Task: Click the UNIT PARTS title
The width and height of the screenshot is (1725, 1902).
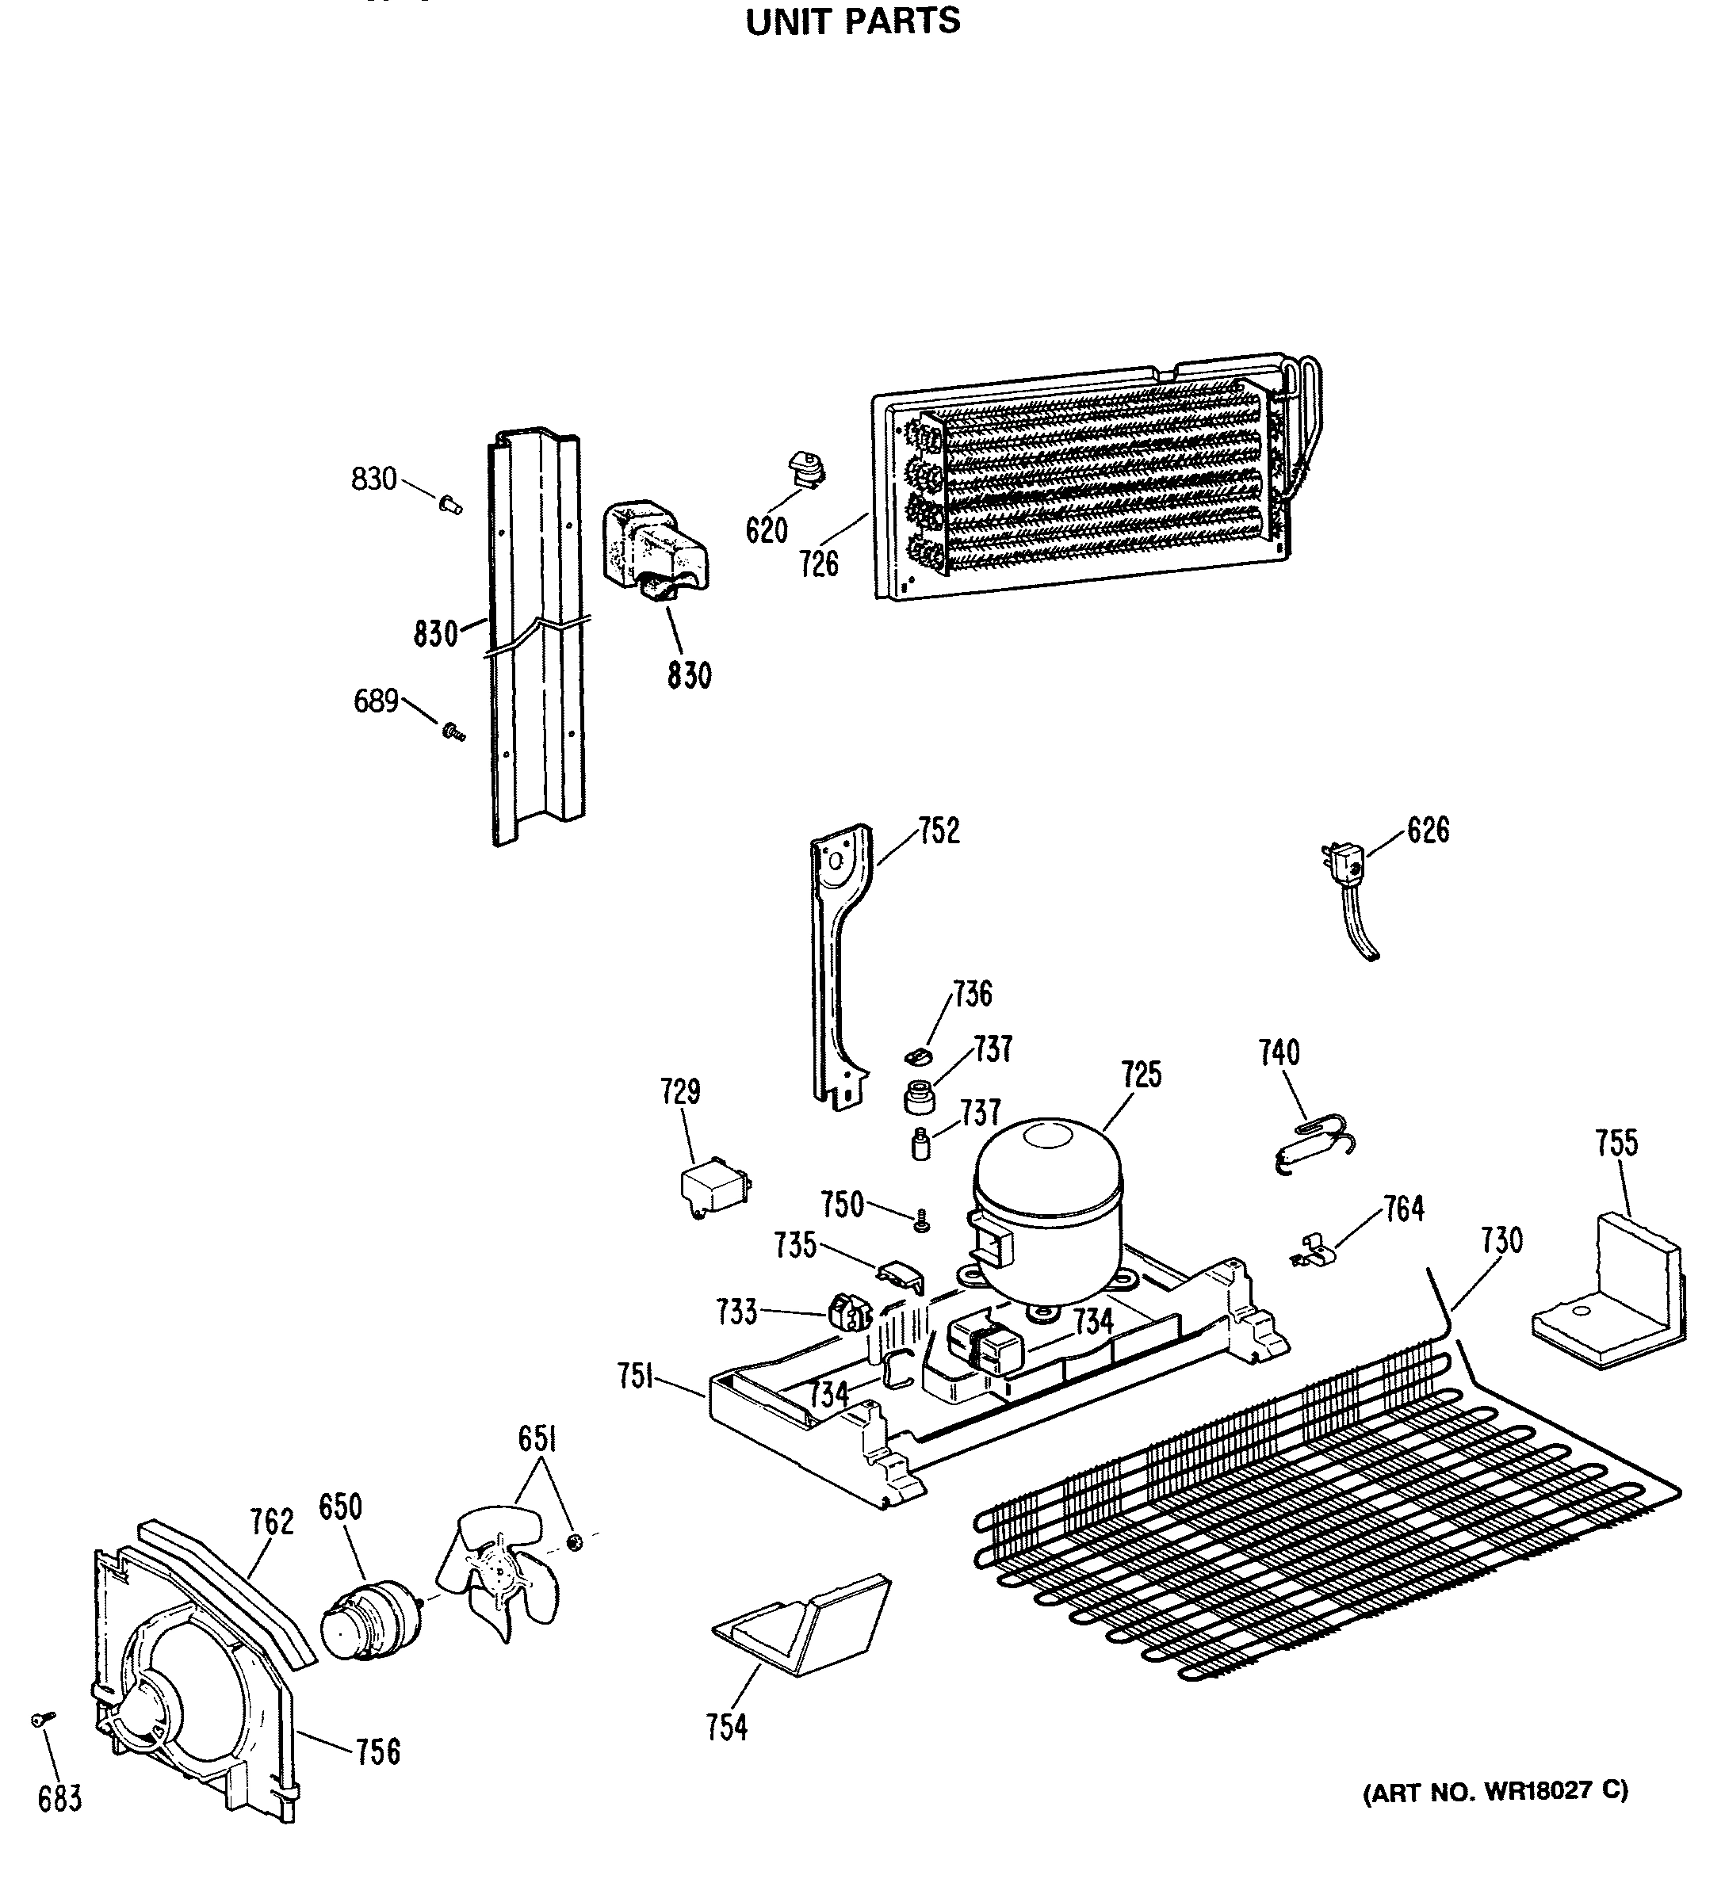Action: pos(852,21)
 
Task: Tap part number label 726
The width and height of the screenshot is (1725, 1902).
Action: pos(818,564)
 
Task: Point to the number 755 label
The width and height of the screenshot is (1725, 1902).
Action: pos(1616,1144)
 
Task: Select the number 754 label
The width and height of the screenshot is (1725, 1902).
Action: pos(727,1728)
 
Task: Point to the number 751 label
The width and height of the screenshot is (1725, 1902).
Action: pos(636,1377)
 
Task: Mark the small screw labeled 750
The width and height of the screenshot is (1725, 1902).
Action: pos(922,1222)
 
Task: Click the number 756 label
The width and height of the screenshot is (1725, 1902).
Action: pos(377,1752)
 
